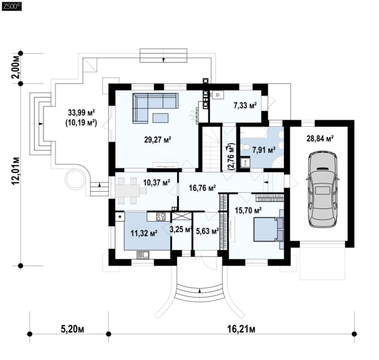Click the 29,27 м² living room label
click(x=157, y=139)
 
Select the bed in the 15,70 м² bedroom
click(x=268, y=229)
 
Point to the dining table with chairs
click(x=131, y=191)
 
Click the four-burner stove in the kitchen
click(x=161, y=216)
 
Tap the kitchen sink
click(x=143, y=255)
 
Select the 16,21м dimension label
click(x=241, y=329)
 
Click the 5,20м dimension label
click(x=72, y=329)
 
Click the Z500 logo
click(x=12, y=7)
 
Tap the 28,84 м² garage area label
click(x=320, y=139)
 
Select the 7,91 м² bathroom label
click(x=264, y=150)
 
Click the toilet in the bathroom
click(x=246, y=147)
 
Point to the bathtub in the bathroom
click(x=254, y=133)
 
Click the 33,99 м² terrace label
click(x=81, y=113)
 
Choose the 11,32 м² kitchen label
click(x=144, y=233)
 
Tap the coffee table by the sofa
click(x=160, y=118)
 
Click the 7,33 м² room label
click(x=245, y=105)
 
